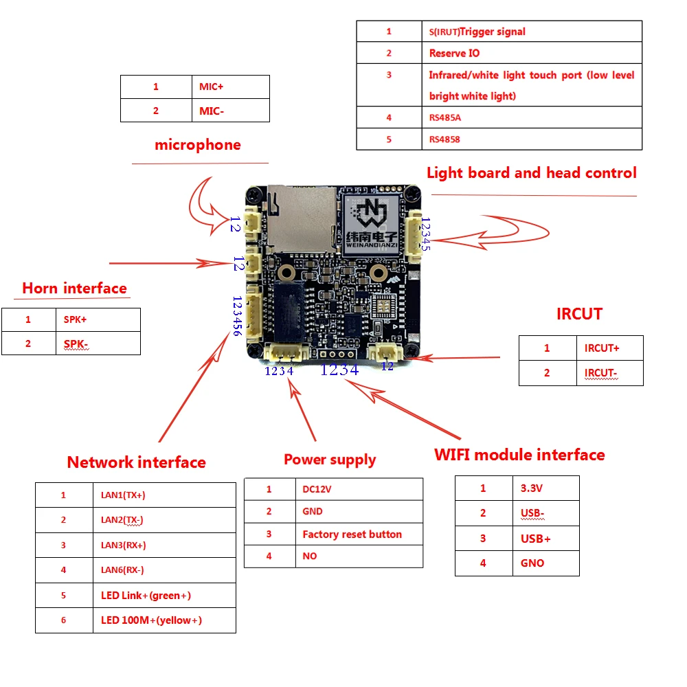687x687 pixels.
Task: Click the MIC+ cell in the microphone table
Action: coord(229,87)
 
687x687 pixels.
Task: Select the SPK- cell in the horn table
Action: coord(98,343)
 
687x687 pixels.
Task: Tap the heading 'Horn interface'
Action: coord(74,288)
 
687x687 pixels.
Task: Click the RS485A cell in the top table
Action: coord(531,117)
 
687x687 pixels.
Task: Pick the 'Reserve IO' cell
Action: coord(531,53)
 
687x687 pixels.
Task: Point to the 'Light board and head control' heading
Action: coord(531,172)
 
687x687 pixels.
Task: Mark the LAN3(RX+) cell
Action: coord(164,545)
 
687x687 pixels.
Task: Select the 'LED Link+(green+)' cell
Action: coord(164,595)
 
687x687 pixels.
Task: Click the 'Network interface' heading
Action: coord(136,462)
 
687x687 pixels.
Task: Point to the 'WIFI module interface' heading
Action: coord(519,455)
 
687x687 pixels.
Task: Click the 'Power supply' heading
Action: coord(330,460)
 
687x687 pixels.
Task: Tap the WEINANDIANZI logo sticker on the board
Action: coord(373,222)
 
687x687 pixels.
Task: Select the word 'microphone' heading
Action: coord(198,145)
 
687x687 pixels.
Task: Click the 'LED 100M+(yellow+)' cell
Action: coord(164,620)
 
